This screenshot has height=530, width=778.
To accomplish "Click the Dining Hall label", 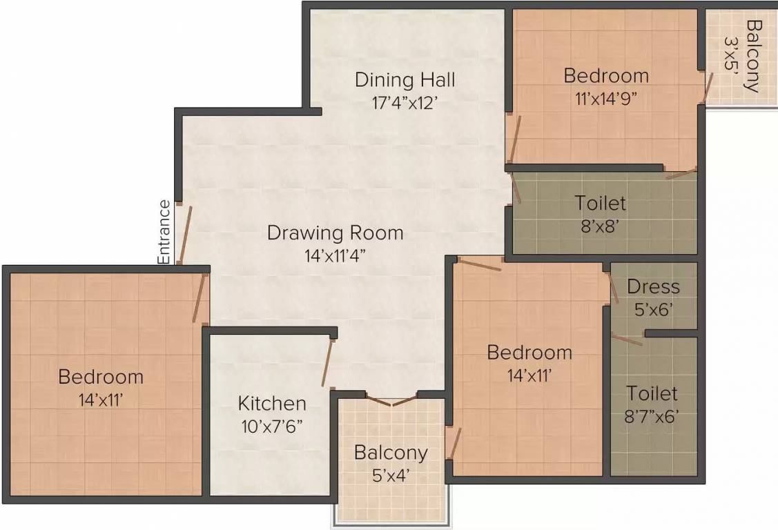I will [x=405, y=79].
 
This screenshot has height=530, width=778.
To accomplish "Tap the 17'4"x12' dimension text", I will [x=405, y=103].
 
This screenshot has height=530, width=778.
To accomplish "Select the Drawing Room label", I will [x=335, y=233].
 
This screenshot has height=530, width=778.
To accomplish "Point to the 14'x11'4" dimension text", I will [x=335, y=255].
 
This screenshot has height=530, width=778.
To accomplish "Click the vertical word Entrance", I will [x=164, y=232].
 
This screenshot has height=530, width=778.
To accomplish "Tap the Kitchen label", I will [x=272, y=403].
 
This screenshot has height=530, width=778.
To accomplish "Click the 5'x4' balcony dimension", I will [x=391, y=475].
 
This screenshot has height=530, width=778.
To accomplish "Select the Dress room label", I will [x=653, y=286].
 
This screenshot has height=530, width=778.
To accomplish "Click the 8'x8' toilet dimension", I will [x=601, y=226].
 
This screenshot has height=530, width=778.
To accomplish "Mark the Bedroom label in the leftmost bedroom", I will [x=101, y=377].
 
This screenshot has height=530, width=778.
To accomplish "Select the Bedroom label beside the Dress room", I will [x=529, y=353].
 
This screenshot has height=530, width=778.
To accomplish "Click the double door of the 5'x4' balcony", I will [x=391, y=400].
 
